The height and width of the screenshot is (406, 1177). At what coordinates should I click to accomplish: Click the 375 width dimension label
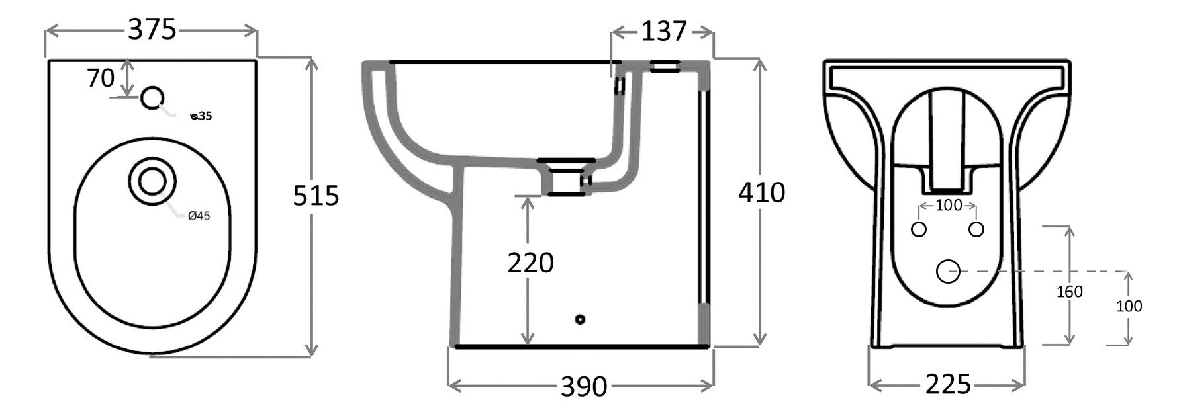pos(152,30)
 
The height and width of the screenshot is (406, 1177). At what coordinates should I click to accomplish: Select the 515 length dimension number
pos(316,196)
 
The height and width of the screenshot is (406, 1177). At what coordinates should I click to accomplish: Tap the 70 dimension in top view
pos(101,78)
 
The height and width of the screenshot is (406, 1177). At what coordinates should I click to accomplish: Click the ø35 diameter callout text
pos(201,117)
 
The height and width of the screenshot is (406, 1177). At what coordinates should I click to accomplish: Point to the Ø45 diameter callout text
pos(199,216)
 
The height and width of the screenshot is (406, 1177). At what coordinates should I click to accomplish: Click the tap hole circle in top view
pos(152,98)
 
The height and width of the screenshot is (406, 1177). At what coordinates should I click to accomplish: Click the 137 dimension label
pos(663,31)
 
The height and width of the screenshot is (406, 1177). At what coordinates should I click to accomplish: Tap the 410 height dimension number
pos(761,192)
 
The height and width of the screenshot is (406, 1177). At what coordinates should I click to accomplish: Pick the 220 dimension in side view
pos(530,263)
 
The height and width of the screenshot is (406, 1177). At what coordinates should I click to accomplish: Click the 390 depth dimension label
pos(583,386)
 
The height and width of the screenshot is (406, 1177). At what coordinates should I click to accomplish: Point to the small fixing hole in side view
pos(581,319)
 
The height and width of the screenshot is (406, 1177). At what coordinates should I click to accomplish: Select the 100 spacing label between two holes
pos(948,206)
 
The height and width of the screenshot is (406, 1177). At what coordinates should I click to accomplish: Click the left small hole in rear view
pos(919,229)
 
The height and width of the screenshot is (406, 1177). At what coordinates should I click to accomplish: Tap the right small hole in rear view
pos(976,229)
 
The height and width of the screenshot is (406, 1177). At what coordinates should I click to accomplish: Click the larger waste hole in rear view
pos(948,271)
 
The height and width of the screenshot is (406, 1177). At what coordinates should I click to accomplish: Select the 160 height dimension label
pos(1069,292)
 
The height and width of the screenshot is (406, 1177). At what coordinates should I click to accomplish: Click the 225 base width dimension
pos(947,384)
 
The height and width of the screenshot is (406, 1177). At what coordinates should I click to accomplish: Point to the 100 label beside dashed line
pos(1129,306)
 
